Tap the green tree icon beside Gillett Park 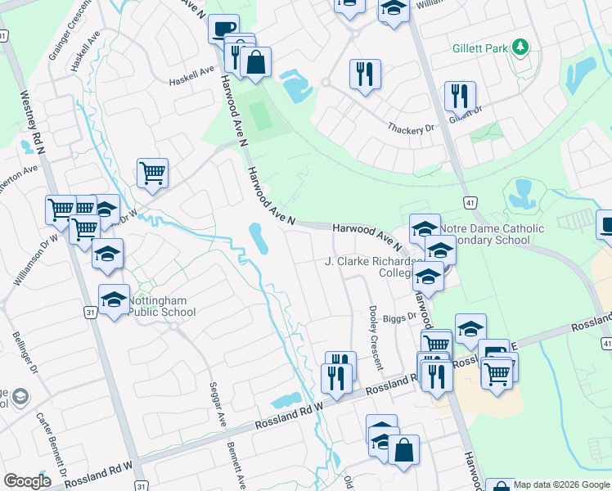click(x=519, y=47)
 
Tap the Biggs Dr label click(x=407, y=314)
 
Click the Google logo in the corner click(x=27, y=481)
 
